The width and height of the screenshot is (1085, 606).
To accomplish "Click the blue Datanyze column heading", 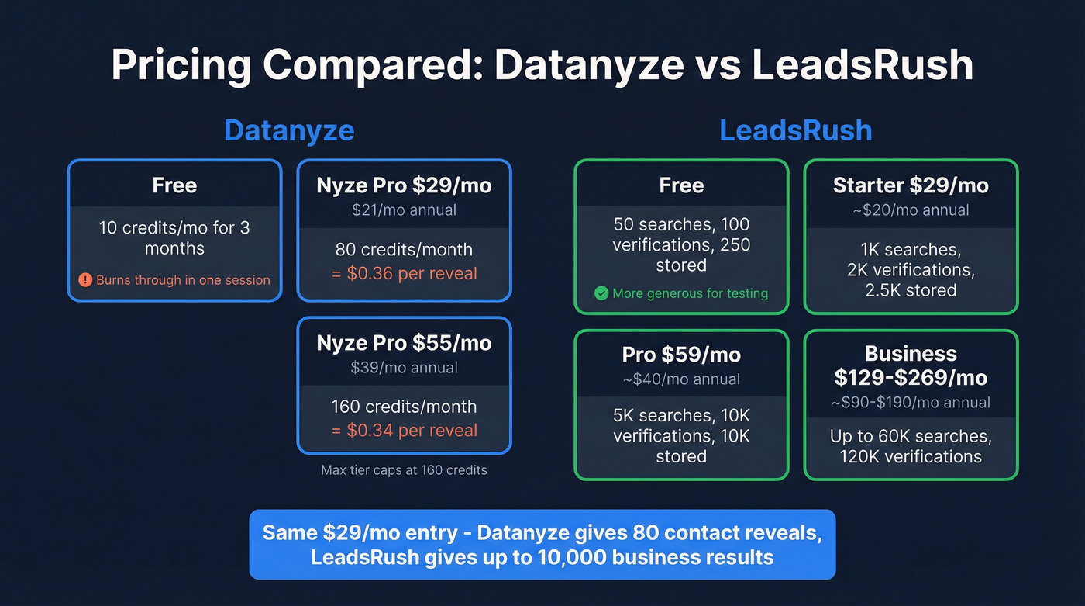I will (288, 130).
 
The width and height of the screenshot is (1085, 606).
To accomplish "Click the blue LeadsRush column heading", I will (795, 130).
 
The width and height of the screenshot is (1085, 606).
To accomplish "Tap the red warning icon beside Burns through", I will (85, 280).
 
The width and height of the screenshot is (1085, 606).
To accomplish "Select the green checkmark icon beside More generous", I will (601, 293).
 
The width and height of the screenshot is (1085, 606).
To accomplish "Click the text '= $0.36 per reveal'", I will (404, 273).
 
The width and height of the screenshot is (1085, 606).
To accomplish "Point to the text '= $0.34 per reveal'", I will (404, 430).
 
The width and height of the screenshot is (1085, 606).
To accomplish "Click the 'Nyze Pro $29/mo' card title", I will (404, 185).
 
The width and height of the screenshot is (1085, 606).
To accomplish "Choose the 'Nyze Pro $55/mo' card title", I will (404, 343).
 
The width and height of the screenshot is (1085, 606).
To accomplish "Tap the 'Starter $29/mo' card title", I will (911, 185).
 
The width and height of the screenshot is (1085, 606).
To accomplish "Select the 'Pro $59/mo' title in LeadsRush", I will (681, 355).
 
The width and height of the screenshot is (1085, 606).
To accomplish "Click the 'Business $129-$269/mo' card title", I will (911, 365).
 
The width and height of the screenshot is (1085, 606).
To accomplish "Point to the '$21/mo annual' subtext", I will (404, 210).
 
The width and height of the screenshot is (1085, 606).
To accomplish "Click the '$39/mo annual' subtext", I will (404, 367).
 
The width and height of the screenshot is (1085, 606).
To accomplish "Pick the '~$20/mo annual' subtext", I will (911, 210).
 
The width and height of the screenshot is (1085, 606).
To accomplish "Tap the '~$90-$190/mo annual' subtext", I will (911, 402).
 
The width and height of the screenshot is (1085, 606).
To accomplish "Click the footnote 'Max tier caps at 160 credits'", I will (404, 469).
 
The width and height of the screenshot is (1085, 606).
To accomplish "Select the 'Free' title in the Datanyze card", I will (174, 185).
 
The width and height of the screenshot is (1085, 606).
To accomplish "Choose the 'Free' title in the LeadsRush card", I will (681, 185).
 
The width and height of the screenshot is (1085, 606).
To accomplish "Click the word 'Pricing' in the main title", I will (181, 65).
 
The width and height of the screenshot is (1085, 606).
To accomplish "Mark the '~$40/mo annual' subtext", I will (681, 379).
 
